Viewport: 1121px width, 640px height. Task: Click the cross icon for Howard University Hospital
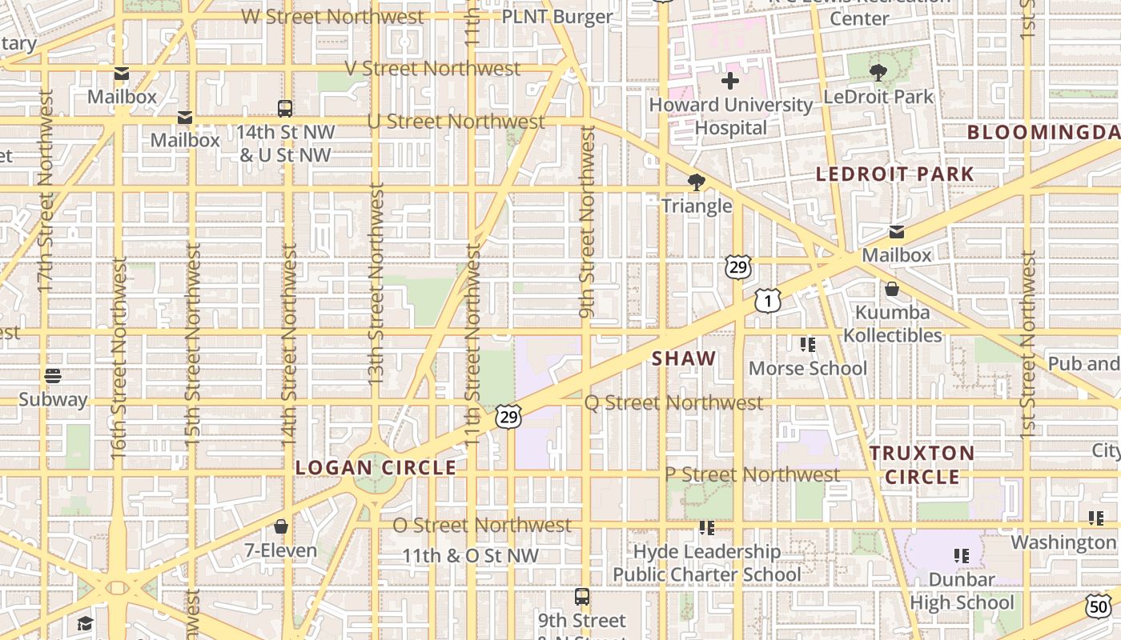(729, 81)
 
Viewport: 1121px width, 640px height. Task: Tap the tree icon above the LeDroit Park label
(878, 73)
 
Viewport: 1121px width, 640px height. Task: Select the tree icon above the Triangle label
(697, 182)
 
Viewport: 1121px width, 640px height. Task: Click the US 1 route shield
(767, 301)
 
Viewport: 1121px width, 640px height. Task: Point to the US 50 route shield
(1098, 606)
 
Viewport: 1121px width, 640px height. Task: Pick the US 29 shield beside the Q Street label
(508, 416)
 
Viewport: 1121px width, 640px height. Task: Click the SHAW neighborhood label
(683, 358)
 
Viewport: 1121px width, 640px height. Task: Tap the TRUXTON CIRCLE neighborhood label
(922, 465)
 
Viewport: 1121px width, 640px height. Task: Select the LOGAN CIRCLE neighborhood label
(376, 467)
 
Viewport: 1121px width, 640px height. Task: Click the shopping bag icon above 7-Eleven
(281, 526)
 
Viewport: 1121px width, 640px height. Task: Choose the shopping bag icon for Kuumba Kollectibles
(892, 289)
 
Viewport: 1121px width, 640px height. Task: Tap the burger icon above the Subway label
(53, 375)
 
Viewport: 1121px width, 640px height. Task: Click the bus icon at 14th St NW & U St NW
(284, 108)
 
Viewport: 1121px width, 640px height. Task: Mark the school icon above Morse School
(808, 345)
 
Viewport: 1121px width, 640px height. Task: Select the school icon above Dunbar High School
(962, 555)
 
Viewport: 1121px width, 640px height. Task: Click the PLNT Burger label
(557, 16)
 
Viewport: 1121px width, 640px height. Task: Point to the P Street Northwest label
(753, 474)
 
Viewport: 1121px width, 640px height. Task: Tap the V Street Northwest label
(433, 68)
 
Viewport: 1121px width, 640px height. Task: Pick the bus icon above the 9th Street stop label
(582, 596)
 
